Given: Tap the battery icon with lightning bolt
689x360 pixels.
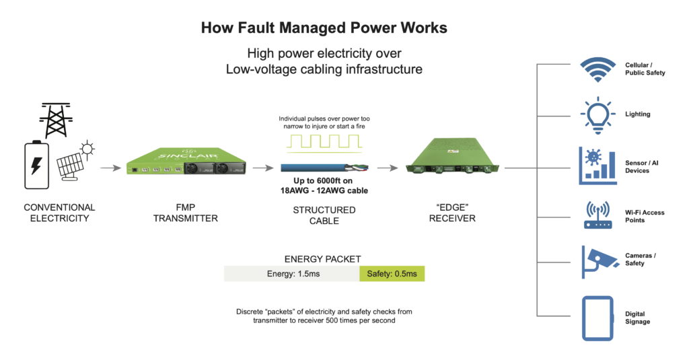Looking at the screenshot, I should coord(38,165).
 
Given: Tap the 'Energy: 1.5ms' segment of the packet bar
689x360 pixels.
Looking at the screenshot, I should coord(291,274).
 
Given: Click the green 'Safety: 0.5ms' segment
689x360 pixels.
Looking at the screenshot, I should coord(392,274).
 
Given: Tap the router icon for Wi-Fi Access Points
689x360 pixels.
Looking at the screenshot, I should coord(596,214).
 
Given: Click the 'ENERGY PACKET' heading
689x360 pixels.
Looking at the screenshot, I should coord(323,258).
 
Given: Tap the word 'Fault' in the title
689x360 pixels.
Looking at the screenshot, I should coord(266,28).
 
